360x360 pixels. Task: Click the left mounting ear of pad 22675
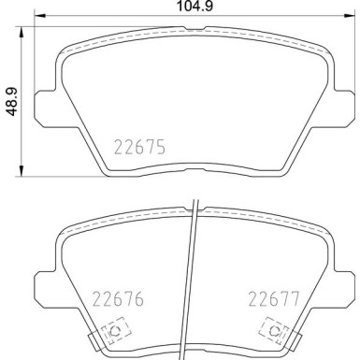(x=44, y=106)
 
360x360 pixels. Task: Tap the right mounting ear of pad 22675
(x=343, y=106)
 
